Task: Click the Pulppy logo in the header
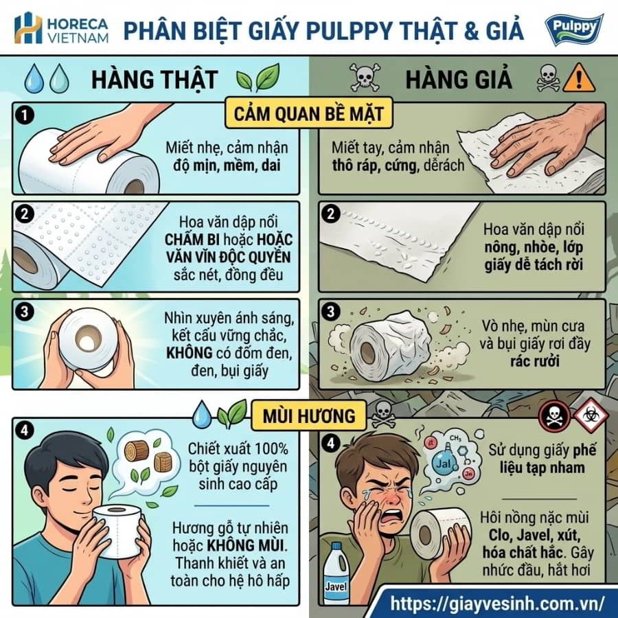[574, 28]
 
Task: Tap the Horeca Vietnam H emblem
[28, 28]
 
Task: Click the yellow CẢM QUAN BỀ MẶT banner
[309, 114]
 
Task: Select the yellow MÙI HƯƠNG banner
[309, 415]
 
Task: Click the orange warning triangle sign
[579, 78]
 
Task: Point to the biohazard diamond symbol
[591, 414]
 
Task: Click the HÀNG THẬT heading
[154, 79]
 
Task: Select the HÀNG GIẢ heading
[459, 79]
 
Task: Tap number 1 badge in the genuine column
[25, 115]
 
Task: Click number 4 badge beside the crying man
[331, 444]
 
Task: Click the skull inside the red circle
[555, 416]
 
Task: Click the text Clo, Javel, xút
[534, 535]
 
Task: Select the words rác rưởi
[534, 361]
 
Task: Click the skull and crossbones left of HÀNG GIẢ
[365, 78]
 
